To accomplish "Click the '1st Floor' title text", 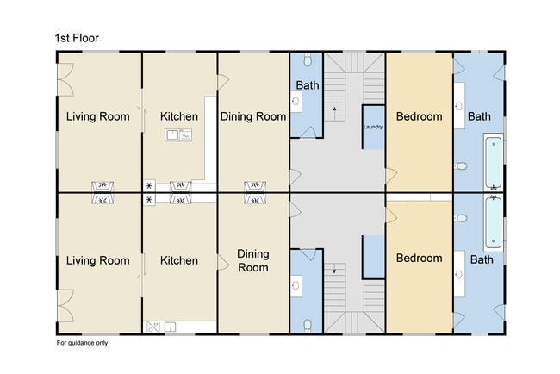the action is click(77, 38).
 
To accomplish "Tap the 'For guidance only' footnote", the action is click(82, 343).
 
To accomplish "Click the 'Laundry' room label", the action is click(373, 127).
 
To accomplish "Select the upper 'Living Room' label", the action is click(98, 116).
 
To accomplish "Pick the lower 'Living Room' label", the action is click(98, 260).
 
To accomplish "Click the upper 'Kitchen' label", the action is click(179, 116).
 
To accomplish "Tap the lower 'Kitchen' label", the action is click(179, 260).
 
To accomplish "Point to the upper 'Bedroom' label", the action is click(420, 116).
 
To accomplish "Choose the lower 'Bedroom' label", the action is click(420, 258).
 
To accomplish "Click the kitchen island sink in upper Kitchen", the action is click(178, 135).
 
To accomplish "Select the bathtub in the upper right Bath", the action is click(494, 162).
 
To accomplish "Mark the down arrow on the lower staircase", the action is click(334, 269).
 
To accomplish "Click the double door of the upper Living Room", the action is click(65, 79).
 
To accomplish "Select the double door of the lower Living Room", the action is click(65, 306).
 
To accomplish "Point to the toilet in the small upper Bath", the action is click(308, 60).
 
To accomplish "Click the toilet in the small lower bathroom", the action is click(308, 326).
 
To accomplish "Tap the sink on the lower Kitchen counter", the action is click(170, 327).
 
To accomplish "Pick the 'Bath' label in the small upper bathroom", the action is click(308, 85).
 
